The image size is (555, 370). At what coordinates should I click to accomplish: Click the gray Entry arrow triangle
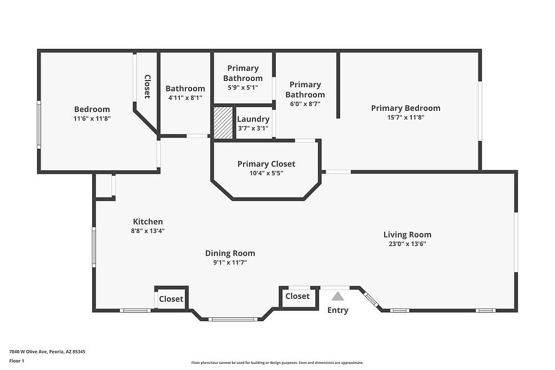coord(337,296)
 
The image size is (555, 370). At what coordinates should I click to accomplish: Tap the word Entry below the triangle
coord(337,310)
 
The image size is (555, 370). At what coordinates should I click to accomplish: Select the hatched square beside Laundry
coord(223,123)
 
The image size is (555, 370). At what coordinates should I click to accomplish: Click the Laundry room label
coord(253,119)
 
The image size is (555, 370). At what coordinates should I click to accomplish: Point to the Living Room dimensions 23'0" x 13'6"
coord(407,244)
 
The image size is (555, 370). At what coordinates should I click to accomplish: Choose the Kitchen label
coord(148,222)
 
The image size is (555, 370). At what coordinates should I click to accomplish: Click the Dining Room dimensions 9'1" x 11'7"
coord(230,262)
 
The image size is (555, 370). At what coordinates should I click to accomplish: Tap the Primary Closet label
coord(266,164)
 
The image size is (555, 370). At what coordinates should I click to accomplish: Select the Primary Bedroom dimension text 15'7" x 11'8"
coord(406,118)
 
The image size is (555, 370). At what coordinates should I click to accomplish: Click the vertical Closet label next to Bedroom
coord(147,87)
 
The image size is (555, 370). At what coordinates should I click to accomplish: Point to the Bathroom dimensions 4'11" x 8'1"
coord(185,98)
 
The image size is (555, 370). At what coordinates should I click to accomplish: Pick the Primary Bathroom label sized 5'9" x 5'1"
coord(243,73)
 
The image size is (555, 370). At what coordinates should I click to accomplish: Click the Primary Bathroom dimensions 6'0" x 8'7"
coord(305,104)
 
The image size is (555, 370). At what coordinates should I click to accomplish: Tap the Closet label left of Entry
coord(297,296)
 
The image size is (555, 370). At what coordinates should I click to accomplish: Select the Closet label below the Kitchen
coord(171,299)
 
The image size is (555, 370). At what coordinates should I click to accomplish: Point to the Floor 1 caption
coord(17,361)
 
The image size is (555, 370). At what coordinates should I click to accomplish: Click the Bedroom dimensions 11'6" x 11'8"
coord(92,119)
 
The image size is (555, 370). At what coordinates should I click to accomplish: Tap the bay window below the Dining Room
coord(233,320)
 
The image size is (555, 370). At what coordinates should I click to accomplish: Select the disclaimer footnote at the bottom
coord(277,363)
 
